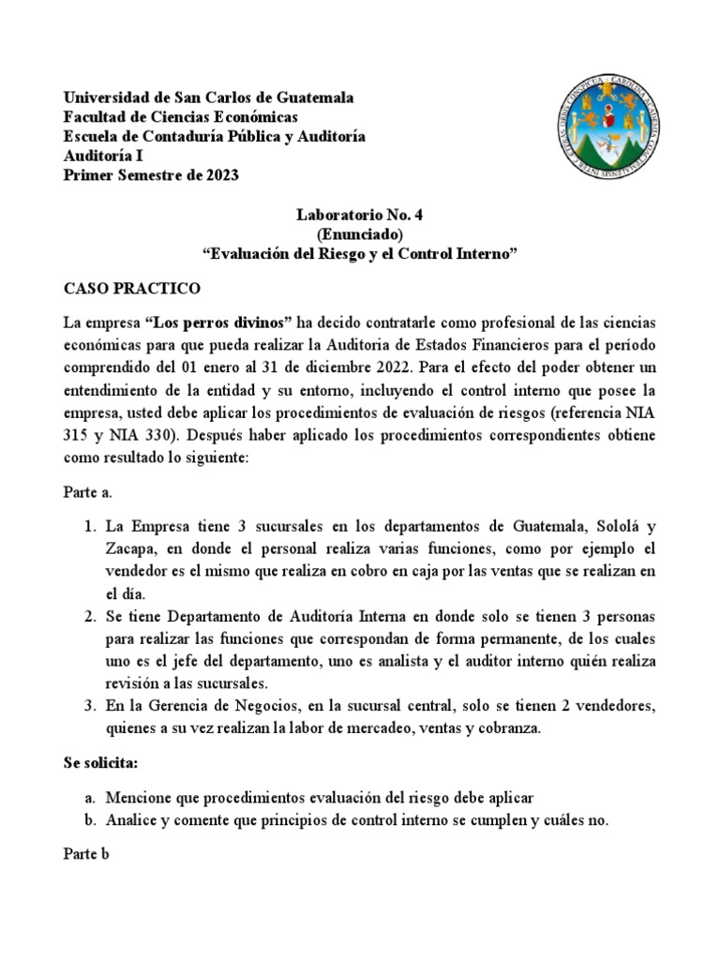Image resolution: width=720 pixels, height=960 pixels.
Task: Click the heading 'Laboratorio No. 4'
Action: (360, 215)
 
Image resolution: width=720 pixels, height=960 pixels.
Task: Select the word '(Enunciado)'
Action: (360, 234)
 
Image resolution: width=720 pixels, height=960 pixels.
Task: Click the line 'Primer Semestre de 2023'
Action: (150, 175)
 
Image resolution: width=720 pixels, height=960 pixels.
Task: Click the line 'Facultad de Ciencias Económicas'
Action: (180, 117)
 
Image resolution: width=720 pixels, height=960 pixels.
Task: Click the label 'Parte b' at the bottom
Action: (87, 856)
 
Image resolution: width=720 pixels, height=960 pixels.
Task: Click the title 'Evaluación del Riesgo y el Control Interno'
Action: (360, 254)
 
